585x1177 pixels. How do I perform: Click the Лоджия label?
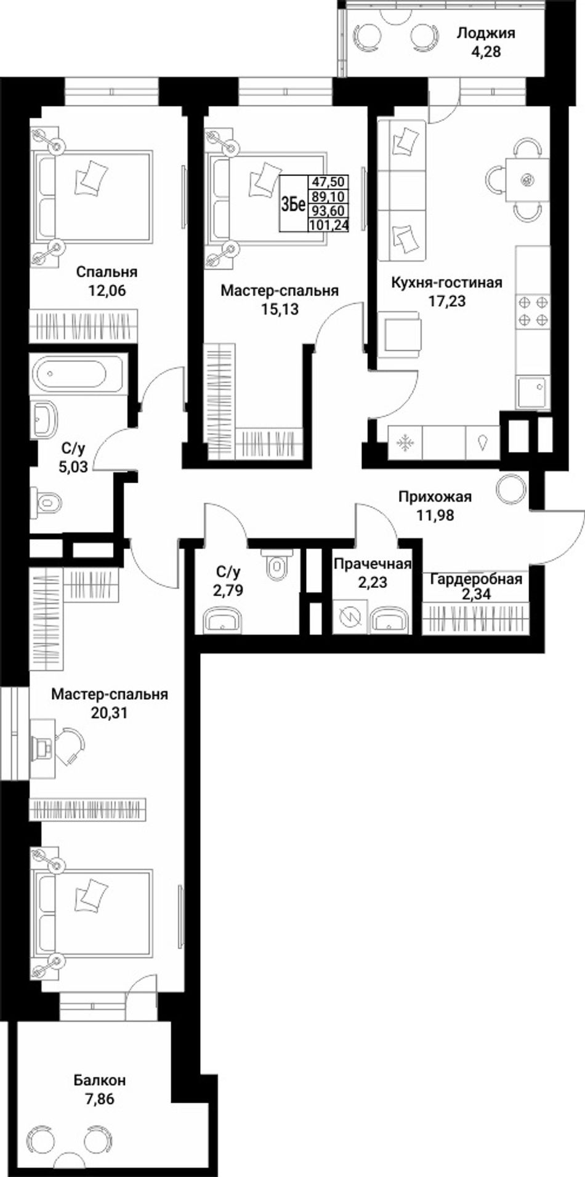pos(486,34)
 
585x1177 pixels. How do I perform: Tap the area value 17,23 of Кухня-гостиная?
pos(448,302)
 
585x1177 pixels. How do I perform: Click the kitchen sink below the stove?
pos(533,392)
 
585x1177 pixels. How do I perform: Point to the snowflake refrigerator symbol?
pos(405,442)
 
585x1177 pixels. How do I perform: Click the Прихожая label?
pos(435,496)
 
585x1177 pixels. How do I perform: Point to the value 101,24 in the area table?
pos(329,225)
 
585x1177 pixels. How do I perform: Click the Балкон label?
pos(100,1080)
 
